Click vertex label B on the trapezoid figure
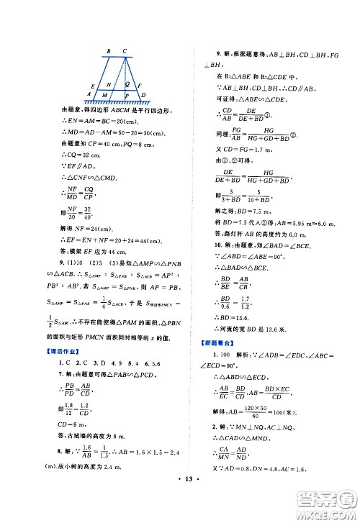click(108, 51)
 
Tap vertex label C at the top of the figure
click(125, 51)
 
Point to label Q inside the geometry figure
click(127, 83)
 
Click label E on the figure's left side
click(94, 84)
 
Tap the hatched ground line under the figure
click(119, 103)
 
